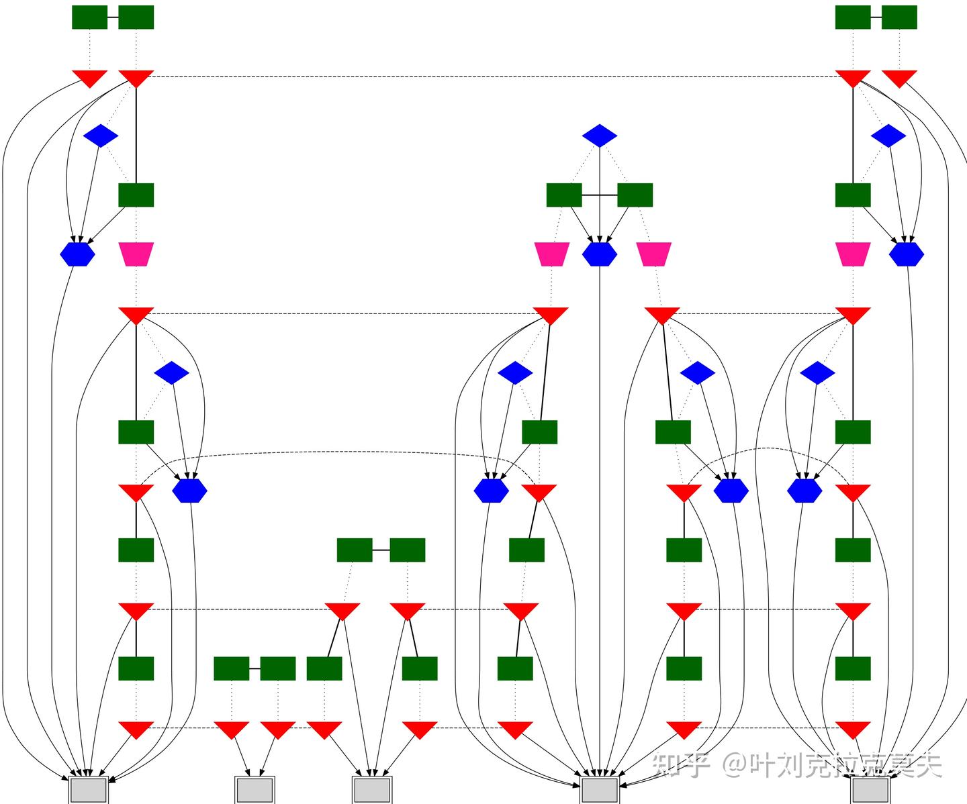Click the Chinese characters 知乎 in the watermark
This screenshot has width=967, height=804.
(681, 764)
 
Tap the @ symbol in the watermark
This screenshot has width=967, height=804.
(735, 764)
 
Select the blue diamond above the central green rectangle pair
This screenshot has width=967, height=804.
(600, 136)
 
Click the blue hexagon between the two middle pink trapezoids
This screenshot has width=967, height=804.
(600, 254)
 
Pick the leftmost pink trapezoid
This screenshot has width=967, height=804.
(136, 254)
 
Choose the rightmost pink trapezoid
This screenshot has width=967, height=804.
(853, 254)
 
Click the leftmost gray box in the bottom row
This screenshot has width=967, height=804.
(89, 790)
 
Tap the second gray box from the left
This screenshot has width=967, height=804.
(255, 790)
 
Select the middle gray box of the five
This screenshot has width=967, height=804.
(372, 790)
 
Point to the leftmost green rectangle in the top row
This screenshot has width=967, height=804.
(89, 17)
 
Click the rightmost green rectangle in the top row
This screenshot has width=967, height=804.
(899, 17)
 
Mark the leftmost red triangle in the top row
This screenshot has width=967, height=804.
(89, 78)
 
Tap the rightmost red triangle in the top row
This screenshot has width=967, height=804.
(899, 78)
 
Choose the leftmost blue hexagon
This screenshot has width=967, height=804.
(77, 254)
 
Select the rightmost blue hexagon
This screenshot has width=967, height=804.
(907, 254)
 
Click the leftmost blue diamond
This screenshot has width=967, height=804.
(101, 136)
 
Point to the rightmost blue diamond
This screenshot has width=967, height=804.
(888, 136)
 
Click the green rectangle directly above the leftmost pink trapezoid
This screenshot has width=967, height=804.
(136, 195)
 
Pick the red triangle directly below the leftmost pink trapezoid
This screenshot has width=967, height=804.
(136, 315)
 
